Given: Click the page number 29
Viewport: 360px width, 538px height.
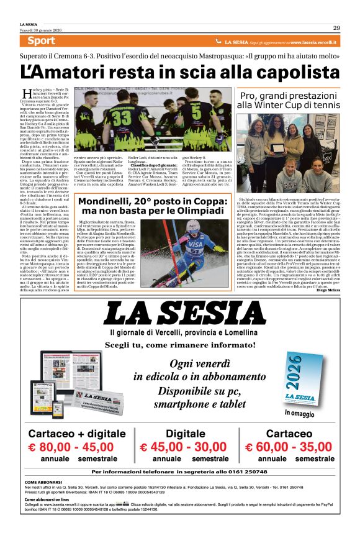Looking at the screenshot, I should [336, 27].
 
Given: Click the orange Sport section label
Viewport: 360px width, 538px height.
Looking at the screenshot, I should [42, 41].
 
